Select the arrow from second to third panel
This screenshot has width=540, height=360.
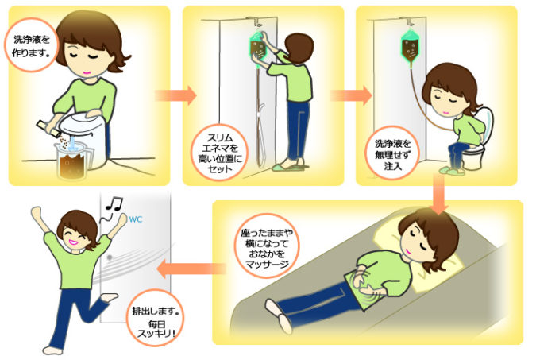tap(350, 96)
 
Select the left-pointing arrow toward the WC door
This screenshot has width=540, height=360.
tap(179, 269)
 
